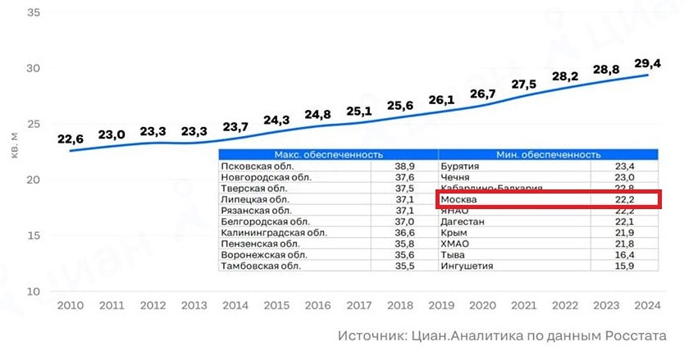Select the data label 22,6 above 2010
pos(71,139)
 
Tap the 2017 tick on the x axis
pos(358,305)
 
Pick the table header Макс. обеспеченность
pos(328,154)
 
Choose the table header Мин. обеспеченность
pos(548,154)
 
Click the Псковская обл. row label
pos(252,166)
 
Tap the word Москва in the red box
pos(459,199)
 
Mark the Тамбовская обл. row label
pos(256,266)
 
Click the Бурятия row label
pos(461,166)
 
